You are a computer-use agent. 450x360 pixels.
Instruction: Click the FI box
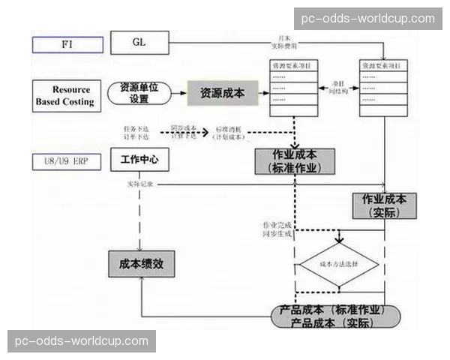[x=67, y=43]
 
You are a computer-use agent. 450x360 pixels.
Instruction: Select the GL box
[x=140, y=42]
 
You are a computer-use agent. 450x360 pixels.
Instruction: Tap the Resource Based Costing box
[x=65, y=95]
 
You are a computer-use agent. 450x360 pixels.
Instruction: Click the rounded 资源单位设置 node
[x=139, y=93]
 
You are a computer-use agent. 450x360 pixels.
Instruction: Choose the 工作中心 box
[x=139, y=160]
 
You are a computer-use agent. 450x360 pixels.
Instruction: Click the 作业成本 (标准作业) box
[x=295, y=161]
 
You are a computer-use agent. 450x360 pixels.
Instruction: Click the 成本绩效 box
[x=140, y=263]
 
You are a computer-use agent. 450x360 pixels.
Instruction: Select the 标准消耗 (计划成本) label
[x=229, y=133]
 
